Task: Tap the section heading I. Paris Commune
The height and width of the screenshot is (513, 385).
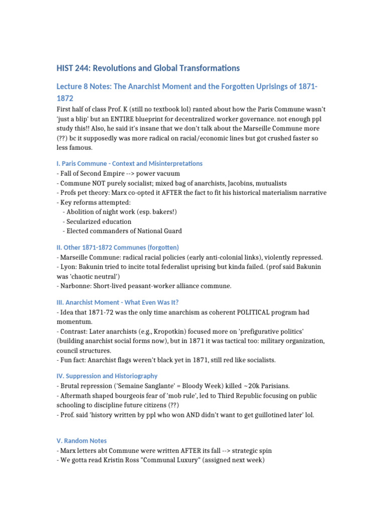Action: pos(129,163)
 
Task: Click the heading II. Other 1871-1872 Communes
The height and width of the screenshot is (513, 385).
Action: pos(117,247)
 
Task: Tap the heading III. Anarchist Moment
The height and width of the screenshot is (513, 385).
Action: pos(117,302)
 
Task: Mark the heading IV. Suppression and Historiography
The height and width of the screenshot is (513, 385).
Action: pos(107,376)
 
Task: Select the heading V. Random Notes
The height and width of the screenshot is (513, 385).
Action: pos(81,441)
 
